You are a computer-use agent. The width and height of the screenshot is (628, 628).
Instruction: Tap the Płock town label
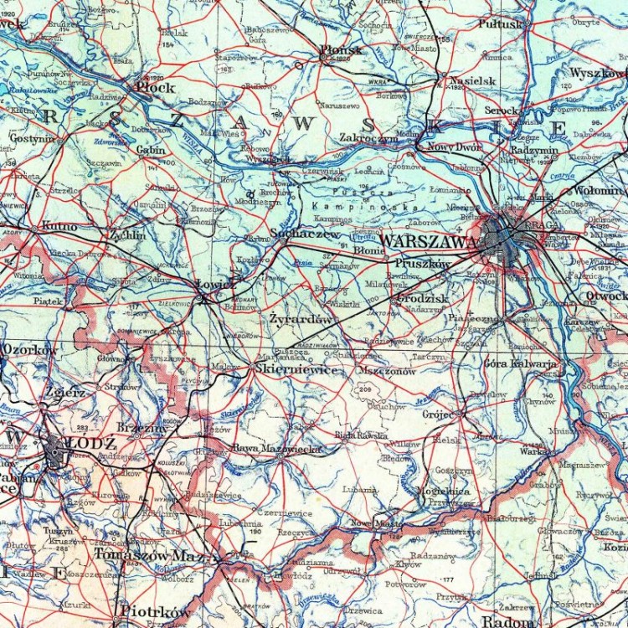(156, 87)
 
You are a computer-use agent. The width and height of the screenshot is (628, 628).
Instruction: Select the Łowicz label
(215, 285)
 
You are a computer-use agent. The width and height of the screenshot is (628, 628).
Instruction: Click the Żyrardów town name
(301, 319)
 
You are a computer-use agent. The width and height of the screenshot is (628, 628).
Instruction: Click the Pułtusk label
(500, 24)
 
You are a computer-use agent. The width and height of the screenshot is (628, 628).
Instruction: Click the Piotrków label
(155, 612)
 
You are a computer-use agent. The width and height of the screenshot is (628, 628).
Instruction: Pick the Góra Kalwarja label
(520, 363)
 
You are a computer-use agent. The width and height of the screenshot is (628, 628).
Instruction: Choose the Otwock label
(605, 295)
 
